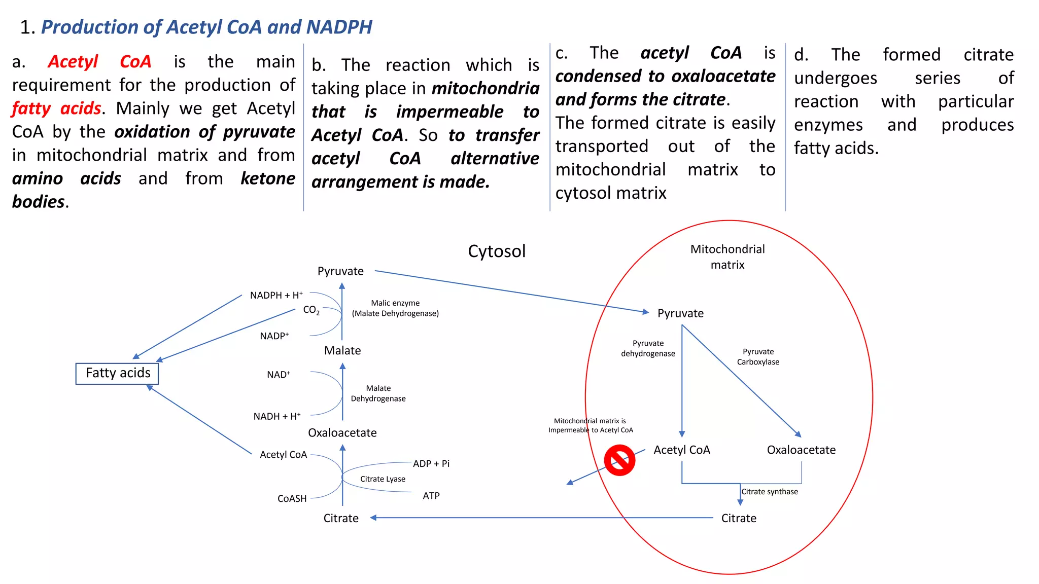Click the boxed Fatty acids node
tap(117, 374)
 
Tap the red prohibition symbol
tap(619, 460)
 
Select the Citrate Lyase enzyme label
tap(383, 479)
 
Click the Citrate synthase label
tap(770, 492)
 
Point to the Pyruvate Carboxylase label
tap(758, 357)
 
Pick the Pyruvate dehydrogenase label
tap(648, 349)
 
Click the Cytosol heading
tap(497, 251)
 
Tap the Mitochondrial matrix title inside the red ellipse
tap(728, 257)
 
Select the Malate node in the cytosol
tap(342, 351)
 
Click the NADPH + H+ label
tap(276, 296)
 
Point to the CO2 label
tap(311, 310)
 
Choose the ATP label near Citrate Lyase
tap(431, 496)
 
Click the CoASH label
tap(292, 499)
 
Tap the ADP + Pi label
tap(431, 464)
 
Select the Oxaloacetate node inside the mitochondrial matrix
tap(801, 450)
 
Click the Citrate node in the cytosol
tap(341, 519)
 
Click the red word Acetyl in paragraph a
tap(73, 62)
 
